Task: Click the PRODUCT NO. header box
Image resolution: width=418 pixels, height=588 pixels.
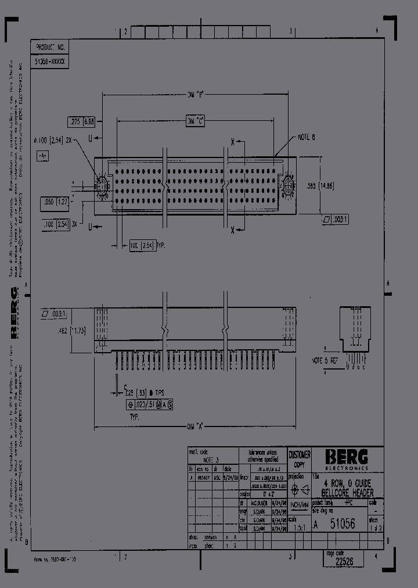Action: (x=51, y=47)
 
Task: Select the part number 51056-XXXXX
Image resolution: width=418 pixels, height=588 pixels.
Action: (x=51, y=60)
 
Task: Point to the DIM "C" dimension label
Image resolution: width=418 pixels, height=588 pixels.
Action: (x=195, y=120)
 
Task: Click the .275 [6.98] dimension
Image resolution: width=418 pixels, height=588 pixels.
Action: (x=82, y=121)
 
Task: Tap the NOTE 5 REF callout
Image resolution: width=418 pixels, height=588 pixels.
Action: (x=326, y=361)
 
